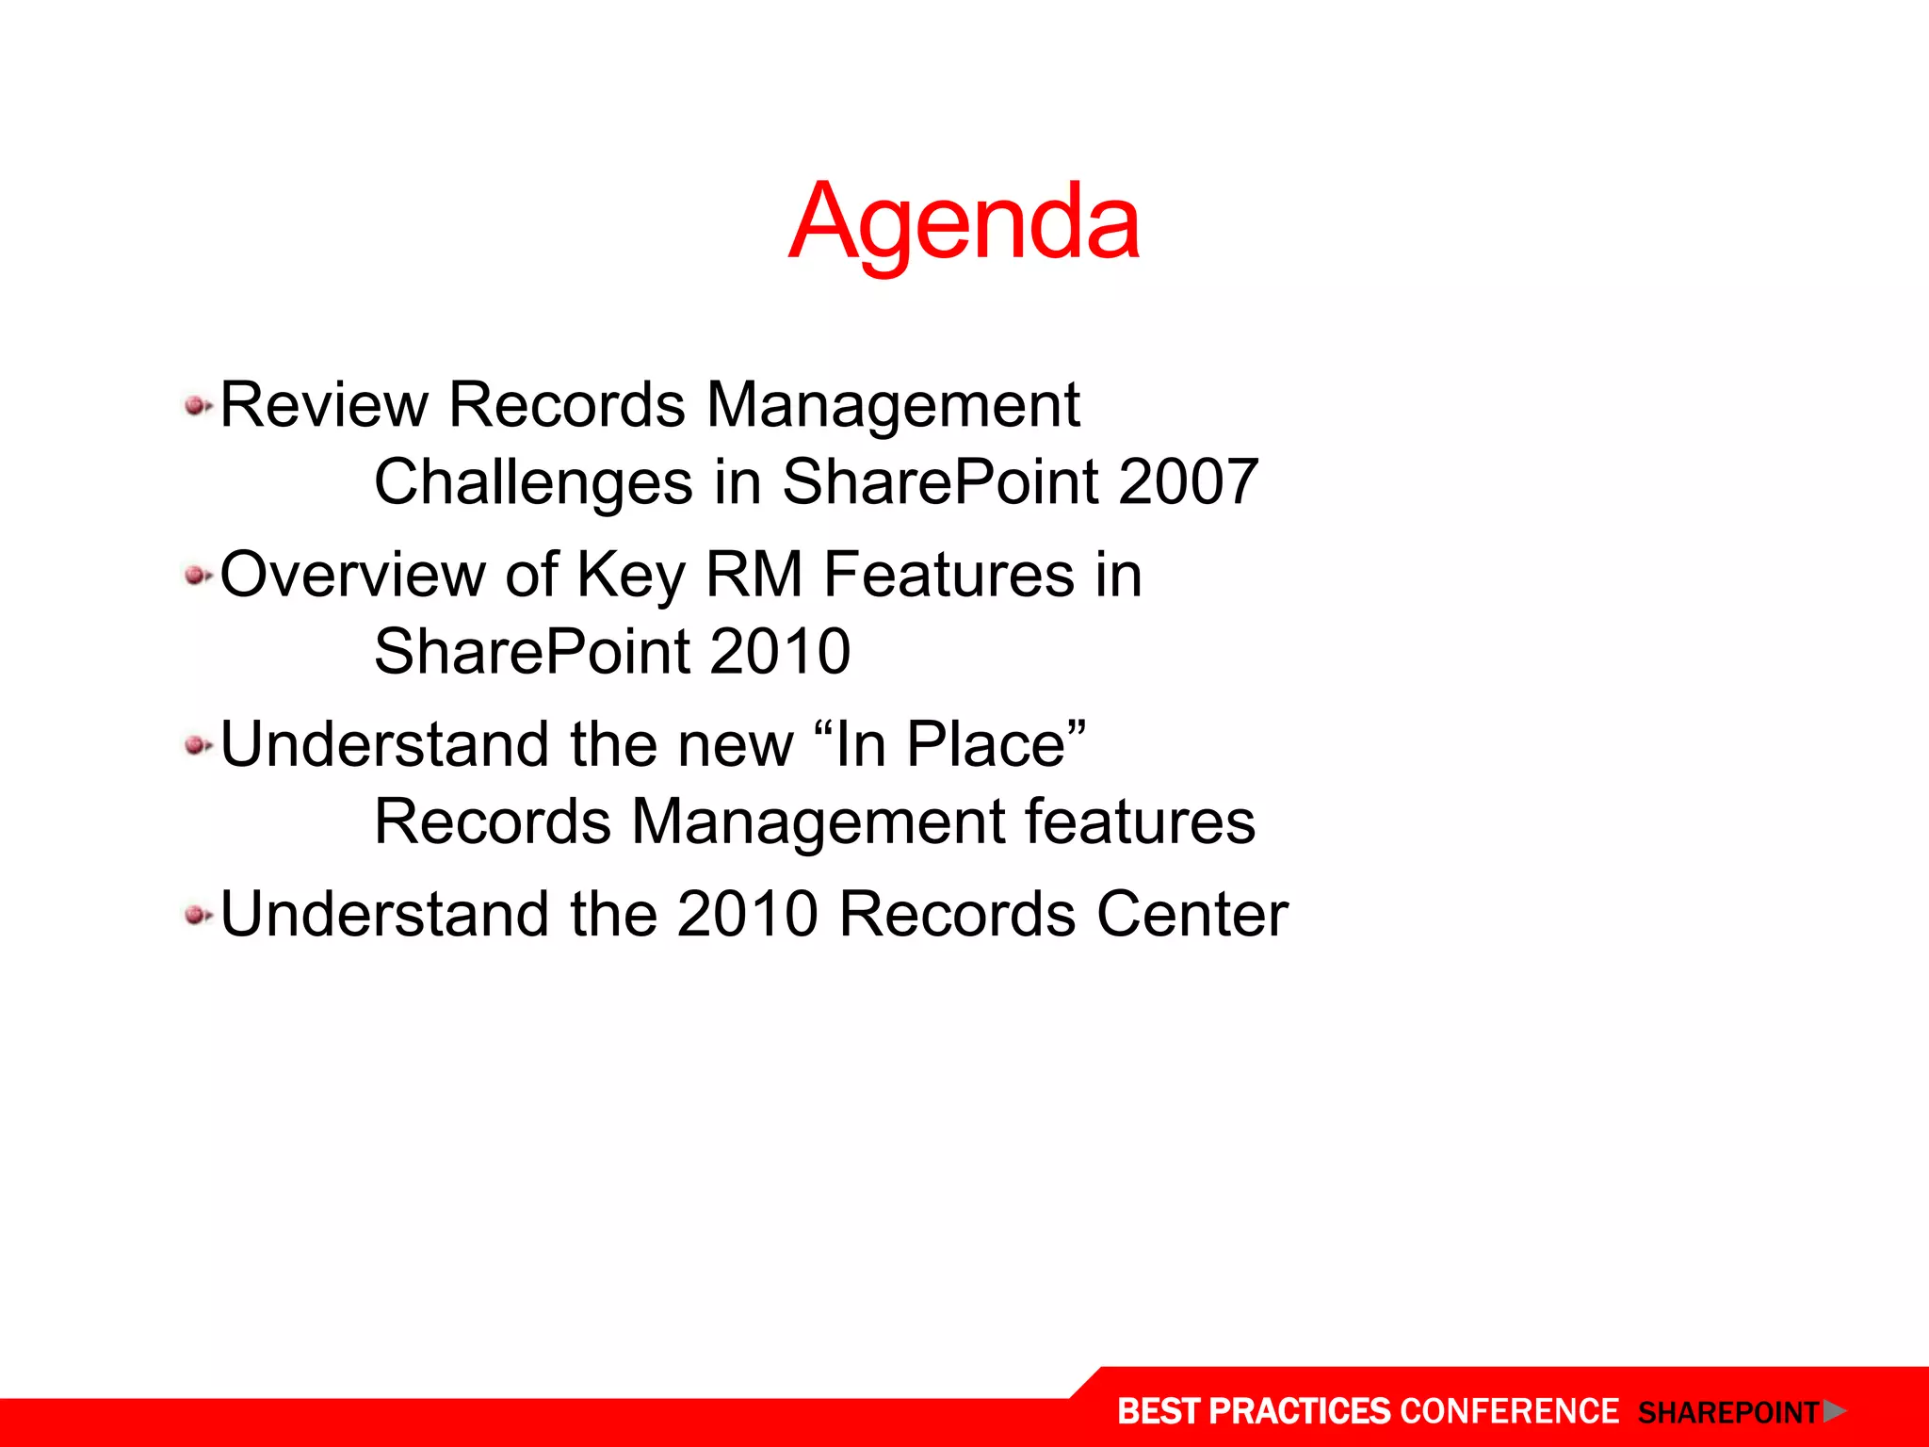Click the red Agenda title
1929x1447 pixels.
coord(964,223)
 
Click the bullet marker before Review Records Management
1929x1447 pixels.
coord(197,407)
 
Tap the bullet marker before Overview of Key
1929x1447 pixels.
coord(197,576)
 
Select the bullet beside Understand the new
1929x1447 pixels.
coord(197,746)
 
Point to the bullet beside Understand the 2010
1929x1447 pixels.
coord(197,915)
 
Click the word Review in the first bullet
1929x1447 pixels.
coord(324,405)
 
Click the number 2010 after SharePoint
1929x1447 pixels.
coord(779,652)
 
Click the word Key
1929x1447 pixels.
coord(631,575)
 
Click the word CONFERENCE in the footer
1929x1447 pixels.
coord(1509,1411)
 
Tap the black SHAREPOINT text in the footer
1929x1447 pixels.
coord(1728,1413)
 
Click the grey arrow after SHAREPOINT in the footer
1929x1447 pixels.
coord(1834,1411)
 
